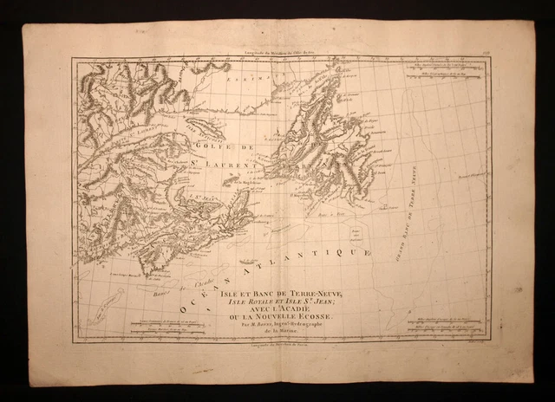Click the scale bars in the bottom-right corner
(447, 325)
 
